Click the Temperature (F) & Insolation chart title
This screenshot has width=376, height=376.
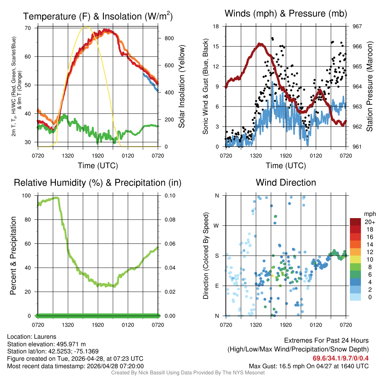click(98, 16)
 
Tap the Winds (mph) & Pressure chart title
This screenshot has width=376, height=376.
click(286, 14)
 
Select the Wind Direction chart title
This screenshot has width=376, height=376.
click(286, 182)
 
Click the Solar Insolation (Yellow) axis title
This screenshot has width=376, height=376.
click(181, 87)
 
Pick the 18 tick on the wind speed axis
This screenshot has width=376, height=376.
click(216, 26)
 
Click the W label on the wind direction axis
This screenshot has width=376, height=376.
click(217, 225)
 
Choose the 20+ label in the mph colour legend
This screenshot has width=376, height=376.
click(369, 222)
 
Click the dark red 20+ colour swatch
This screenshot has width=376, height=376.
click(356, 222)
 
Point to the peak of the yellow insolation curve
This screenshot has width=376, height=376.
click(86, 26)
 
